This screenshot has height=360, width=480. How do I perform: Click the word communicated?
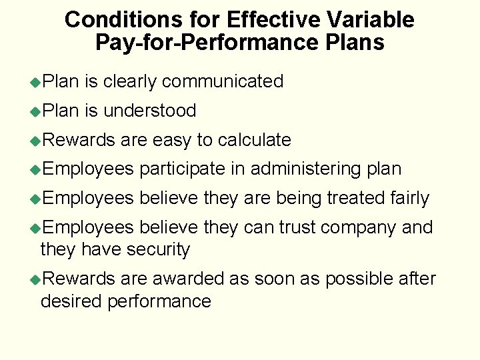223,81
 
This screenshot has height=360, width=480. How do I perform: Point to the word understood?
150,111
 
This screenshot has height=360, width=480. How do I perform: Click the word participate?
182,169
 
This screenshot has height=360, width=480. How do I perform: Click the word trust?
297,227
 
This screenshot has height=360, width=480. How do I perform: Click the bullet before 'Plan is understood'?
35,111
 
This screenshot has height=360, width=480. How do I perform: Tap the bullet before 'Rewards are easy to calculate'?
35,141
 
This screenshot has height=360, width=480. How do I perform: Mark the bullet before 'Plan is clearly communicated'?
35,82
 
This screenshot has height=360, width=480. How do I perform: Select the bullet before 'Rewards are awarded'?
35,279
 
